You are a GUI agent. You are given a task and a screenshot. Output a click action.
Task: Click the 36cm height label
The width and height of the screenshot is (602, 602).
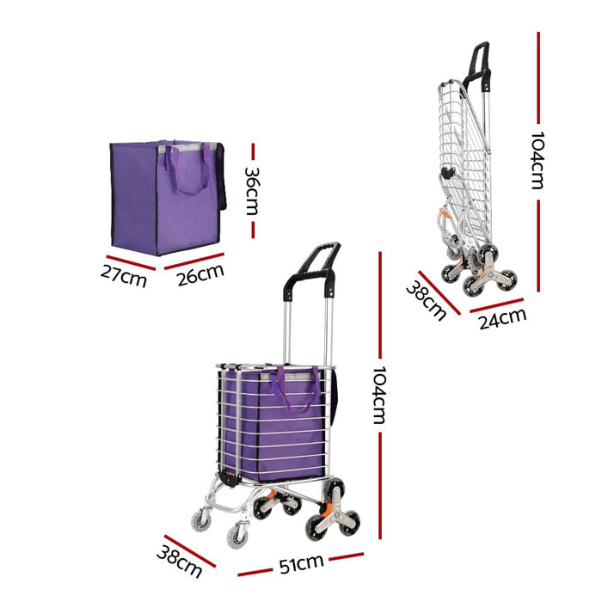(253, 191)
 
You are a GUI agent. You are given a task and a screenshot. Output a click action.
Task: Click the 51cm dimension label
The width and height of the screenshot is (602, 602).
(300, 563)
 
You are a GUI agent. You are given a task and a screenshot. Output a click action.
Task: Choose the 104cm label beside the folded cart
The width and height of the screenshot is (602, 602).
(537, 160)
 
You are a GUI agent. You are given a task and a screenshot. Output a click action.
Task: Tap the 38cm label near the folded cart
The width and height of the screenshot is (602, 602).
(426, 300)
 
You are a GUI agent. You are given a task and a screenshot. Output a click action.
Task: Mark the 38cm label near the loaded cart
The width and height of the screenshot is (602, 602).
(180, 558)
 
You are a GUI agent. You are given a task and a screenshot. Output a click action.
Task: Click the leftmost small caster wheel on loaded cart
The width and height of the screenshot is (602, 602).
(201, 519)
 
